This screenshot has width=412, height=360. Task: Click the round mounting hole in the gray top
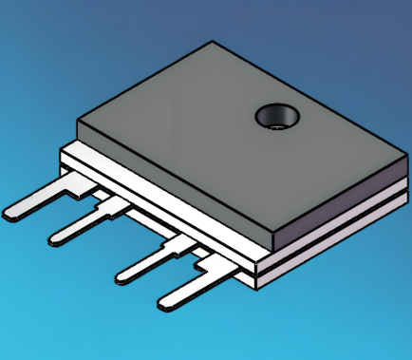(x=276, y=117)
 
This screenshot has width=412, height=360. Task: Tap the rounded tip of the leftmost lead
(x=13, y=214)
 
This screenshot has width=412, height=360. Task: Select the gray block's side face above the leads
(x=171, y=185)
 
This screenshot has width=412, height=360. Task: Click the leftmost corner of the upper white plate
(x=61, y=149)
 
